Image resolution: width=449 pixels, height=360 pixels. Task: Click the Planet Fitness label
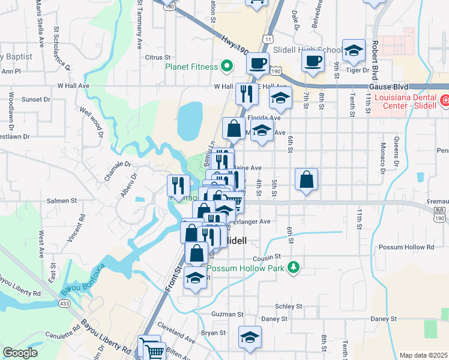pos(191,67)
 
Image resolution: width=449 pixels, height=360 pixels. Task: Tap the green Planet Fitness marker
pos(227,66)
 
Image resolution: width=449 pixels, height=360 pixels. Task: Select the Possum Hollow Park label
pos(246,268)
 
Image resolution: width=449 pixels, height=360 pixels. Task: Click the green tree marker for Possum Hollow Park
pos(294,267)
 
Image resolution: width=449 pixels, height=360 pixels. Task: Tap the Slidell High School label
pos(307,50)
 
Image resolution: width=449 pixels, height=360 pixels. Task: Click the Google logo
pos(20,353)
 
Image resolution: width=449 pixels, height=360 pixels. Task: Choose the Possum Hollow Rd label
pos(405,247)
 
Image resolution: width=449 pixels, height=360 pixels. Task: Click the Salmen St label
pos(62,200)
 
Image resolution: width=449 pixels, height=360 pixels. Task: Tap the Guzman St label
pos(228,314)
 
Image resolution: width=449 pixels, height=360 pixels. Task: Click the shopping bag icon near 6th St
pos(306,179)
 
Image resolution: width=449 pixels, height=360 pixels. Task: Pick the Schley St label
pos(288,306)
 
